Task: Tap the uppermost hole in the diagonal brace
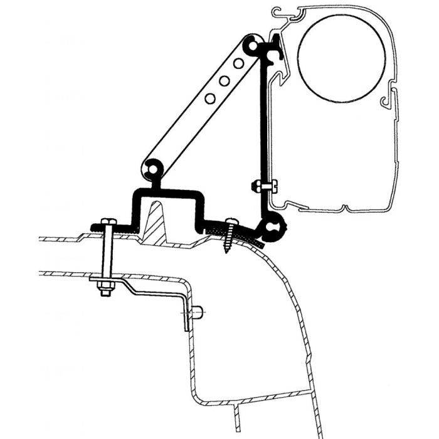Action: (238, 63)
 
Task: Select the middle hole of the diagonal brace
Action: (224, 81)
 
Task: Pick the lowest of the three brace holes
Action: (210, 98)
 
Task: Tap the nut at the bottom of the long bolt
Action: (104, 290)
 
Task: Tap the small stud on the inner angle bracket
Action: (197, 312)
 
